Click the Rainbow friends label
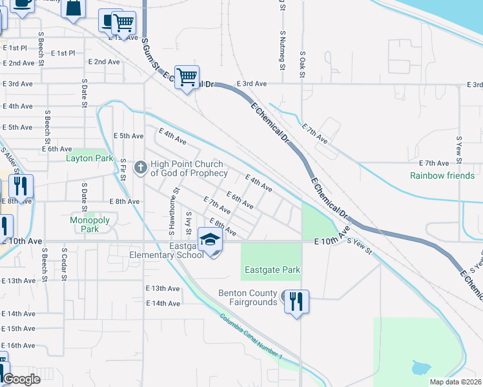pyautogui.click(x=442, y=175)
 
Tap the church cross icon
pyautogui.click(x=139, y=168)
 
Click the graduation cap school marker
pyautogui.click(x=210, y=240)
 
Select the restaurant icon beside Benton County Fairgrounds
pyautogui.click(x=296, y=302)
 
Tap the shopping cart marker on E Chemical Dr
pyautogui.click(x=187, y=77)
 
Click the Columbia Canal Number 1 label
pyautogui.click(x=251, y=337)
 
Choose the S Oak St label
pyautogui.click(x=302, y=63)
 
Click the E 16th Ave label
pyautogui.click(x=18, y=346)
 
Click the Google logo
pyautogui.click(x=21, y=379)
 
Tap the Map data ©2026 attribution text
pyautogui.click(x=456, y=382)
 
